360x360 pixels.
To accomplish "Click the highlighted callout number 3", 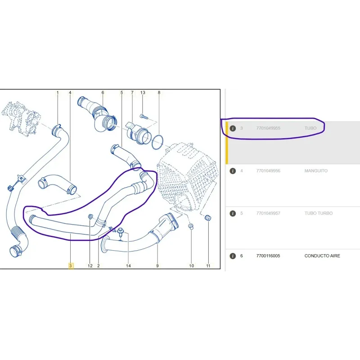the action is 71,265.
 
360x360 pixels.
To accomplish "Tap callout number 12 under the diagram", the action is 90,265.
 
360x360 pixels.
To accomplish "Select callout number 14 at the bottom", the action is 128,265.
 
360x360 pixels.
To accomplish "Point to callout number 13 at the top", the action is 143,93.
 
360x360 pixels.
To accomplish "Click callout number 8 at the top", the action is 159,93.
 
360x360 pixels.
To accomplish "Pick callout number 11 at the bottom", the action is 208,265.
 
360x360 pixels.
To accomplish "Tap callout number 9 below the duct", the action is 157,265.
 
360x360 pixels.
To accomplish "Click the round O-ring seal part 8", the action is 157,142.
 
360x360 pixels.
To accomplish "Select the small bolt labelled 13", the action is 143,117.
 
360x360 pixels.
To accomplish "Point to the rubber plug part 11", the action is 208,218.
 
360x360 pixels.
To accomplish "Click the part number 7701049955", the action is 268,128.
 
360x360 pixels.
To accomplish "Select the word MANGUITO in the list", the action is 316,171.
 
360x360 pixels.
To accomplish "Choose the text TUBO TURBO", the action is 319,213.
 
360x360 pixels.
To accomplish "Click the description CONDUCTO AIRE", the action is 322,256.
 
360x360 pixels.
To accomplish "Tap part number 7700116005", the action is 268,256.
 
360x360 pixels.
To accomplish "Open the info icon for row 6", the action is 233,256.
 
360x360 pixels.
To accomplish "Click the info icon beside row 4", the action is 233,171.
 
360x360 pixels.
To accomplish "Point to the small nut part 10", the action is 191,227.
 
